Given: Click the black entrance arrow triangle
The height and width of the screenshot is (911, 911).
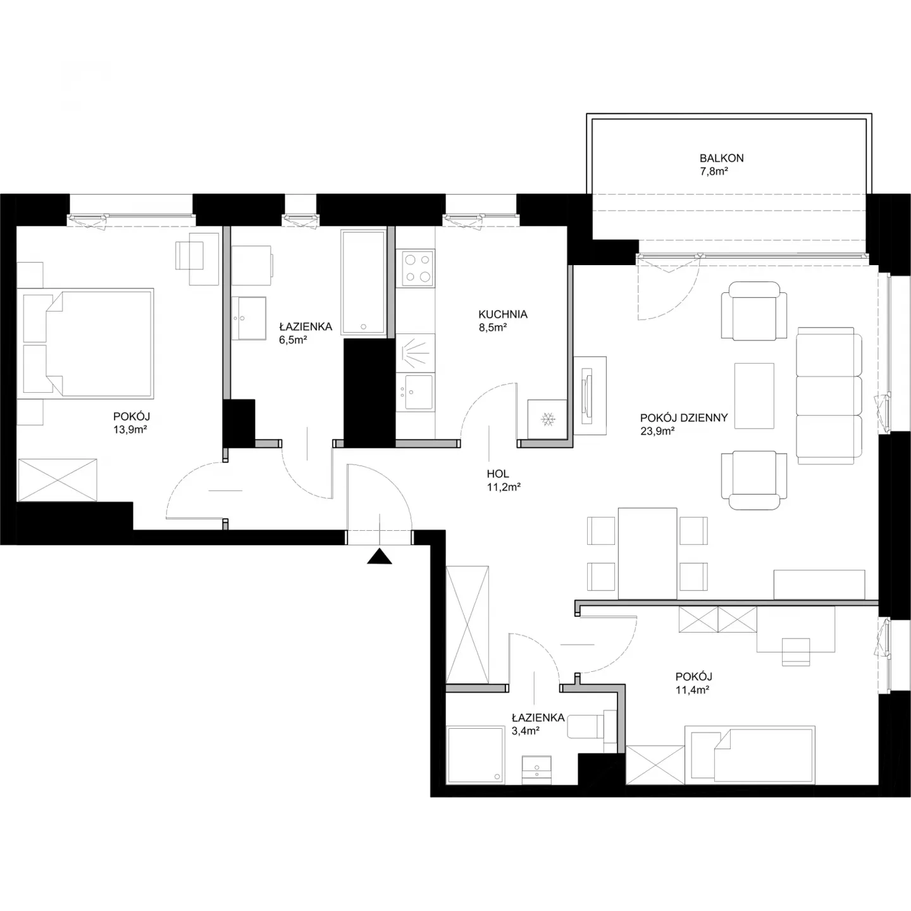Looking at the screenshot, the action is coord(379,557).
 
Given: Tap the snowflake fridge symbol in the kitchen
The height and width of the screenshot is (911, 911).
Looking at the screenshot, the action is coord(548,419).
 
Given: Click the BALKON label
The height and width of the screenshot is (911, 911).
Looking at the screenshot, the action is coord(721,158).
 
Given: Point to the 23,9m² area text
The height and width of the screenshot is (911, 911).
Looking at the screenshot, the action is coord(657,431).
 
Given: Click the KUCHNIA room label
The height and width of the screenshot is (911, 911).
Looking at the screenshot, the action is coord(502,314).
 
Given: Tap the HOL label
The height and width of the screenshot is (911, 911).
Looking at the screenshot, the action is coord(498,474).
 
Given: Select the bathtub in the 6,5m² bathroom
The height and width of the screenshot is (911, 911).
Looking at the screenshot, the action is coord(364,283).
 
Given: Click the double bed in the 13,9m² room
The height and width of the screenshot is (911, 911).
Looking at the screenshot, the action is coord(85,344).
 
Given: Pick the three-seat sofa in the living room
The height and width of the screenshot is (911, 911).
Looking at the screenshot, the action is coord(829,395).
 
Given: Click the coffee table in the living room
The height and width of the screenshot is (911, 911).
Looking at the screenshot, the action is coord(754,396).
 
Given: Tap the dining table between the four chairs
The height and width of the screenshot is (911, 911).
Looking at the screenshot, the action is coord(647,554).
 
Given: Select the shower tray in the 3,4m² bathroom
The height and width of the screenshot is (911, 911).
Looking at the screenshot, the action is coord(476,755).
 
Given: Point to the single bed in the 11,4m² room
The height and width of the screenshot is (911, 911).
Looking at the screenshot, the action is coord(749,755).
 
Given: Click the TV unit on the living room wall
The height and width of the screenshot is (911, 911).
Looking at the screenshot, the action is coord(590,395).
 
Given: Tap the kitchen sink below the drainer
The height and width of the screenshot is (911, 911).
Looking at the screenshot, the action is coord(415,392).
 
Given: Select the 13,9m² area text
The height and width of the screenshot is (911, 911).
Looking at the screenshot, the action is coord(130,430).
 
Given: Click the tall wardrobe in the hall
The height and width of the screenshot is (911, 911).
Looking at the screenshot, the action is coord(467,624).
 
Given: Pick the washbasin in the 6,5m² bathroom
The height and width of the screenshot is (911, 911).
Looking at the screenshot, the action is coord(249,318).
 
